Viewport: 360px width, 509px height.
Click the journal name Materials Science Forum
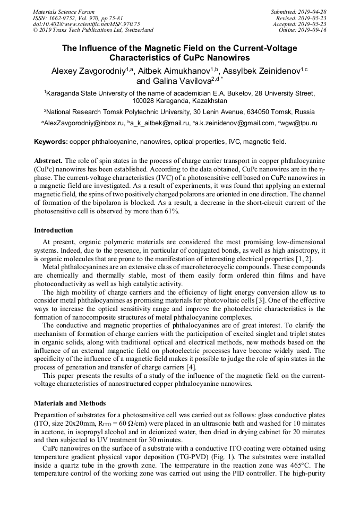(64, 12)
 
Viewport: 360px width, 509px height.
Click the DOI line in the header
(87, 24)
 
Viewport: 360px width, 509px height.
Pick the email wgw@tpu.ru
(301, 123)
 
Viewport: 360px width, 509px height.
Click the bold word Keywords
(51, 142)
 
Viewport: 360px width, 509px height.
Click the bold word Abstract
(48, 160)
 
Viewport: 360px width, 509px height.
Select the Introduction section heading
(54, 230)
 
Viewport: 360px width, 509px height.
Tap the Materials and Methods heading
(70, 403)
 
